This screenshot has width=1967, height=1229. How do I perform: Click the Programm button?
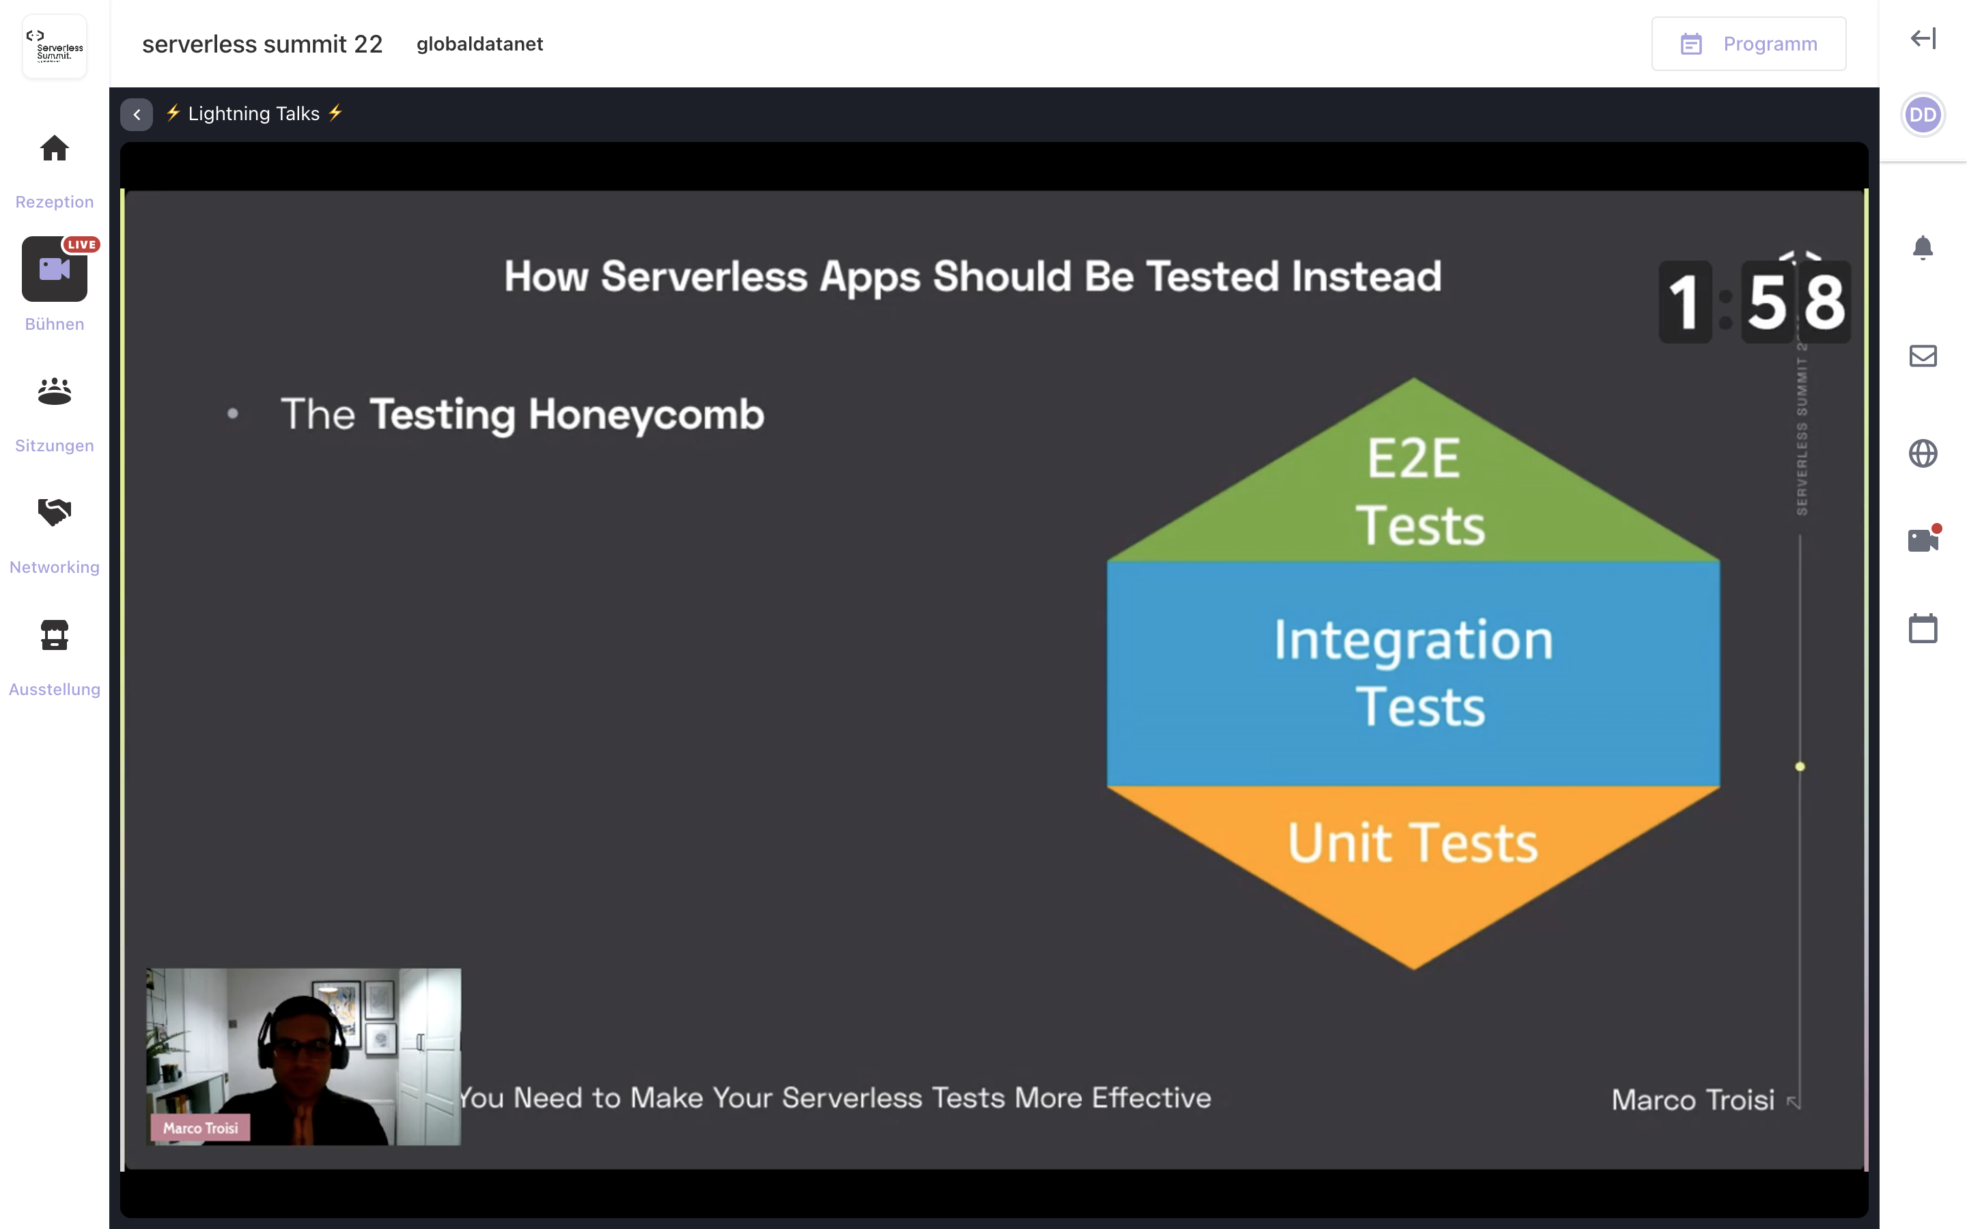coord(1748,44)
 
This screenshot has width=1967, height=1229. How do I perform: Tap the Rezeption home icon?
coord(55,149)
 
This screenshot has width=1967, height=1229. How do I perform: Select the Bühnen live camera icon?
coord(55,269)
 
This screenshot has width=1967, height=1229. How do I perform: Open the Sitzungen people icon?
coord(55,391)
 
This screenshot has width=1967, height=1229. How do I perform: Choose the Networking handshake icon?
coord(55,512)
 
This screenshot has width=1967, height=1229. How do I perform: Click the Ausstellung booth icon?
coord(55,635)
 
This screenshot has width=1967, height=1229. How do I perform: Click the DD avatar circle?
coord(1923,115)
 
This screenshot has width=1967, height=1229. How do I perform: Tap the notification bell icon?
coord(1923,247)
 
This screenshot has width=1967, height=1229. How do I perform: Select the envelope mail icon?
coord(1923,356)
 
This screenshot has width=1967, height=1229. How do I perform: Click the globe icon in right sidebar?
coord(1923,453)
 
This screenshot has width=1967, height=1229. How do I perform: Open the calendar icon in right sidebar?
coord(1923,628)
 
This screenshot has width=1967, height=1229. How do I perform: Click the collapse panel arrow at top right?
coord(1923,38)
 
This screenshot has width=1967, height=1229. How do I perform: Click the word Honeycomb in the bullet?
coord(646,414)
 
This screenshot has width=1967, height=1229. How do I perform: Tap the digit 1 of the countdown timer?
coord(1684,302)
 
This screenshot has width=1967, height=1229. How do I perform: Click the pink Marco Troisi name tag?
coord(200,1128)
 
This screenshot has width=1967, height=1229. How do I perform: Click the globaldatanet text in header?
coord(479,44)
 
